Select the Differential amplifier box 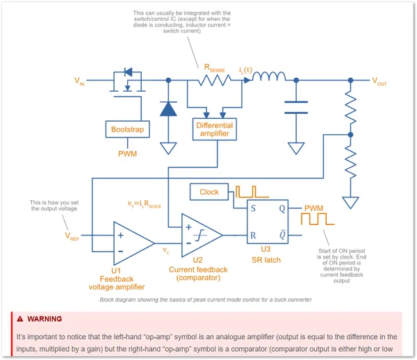(214, 129)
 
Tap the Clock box (209, 192)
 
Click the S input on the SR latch (253, 207)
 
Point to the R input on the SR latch (253, 236)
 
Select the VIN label (81, 81)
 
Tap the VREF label (72, 236)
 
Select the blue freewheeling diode (167, 109)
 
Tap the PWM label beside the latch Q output (313, 207)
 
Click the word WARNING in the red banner (44, 319)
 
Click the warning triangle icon (21, 319)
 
